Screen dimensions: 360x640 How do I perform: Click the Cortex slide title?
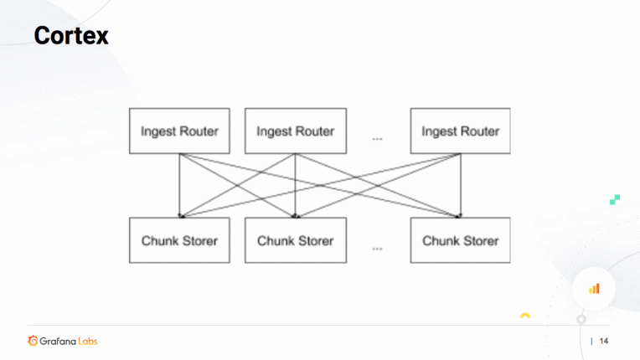[x=71, y=36]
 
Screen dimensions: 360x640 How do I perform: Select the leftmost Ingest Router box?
[x=179, y=131]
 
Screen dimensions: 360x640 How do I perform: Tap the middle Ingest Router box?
[x=295, y=131]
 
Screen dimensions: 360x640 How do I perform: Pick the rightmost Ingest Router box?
[x=460, y=131]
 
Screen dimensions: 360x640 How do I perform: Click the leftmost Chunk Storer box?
[x=179, y=240]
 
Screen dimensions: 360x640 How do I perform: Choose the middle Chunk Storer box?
[x=295, y=240]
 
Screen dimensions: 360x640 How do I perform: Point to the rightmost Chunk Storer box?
[x=460, y=240]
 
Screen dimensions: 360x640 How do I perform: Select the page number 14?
[x=604, y=341]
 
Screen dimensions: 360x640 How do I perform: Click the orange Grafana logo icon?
[x=33, y=341]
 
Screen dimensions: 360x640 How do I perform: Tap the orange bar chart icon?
[x=594, y=288]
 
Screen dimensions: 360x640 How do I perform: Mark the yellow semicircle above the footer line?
[x=525, y=316]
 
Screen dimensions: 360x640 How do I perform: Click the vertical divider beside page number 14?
[x=591, y=341]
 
